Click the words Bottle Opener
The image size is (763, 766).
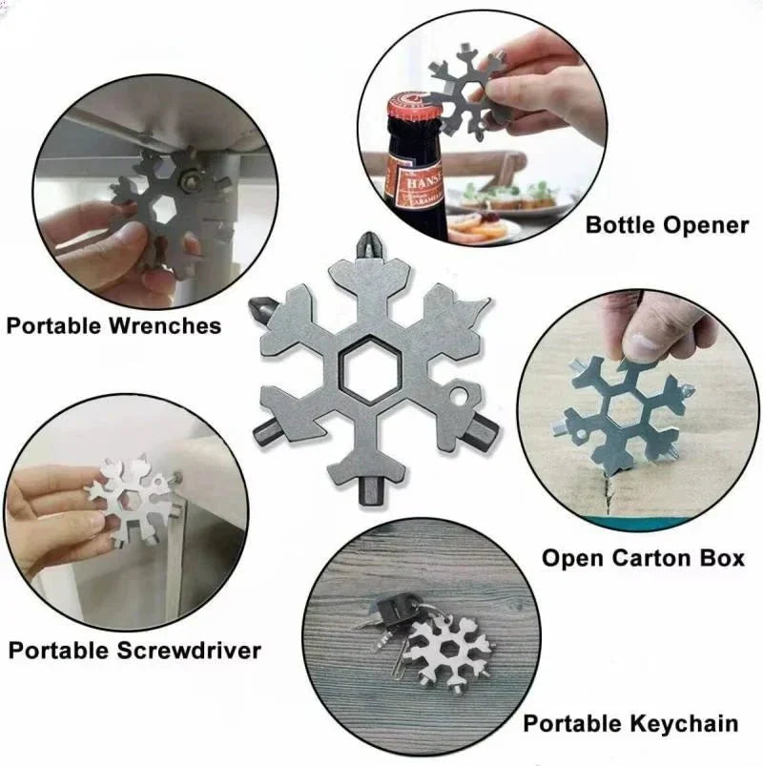coord(667,226)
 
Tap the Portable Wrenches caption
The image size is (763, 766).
coord(113,325)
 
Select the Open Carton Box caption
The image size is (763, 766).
coord(643,557)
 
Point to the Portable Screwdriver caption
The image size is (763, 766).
coord(134,651)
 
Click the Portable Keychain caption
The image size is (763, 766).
coord(630,723)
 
